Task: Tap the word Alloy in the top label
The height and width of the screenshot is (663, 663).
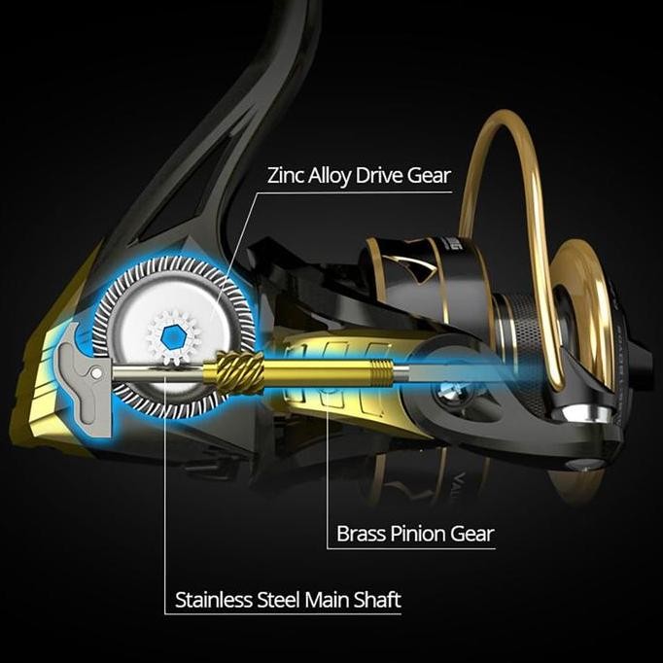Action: [335, 176]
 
